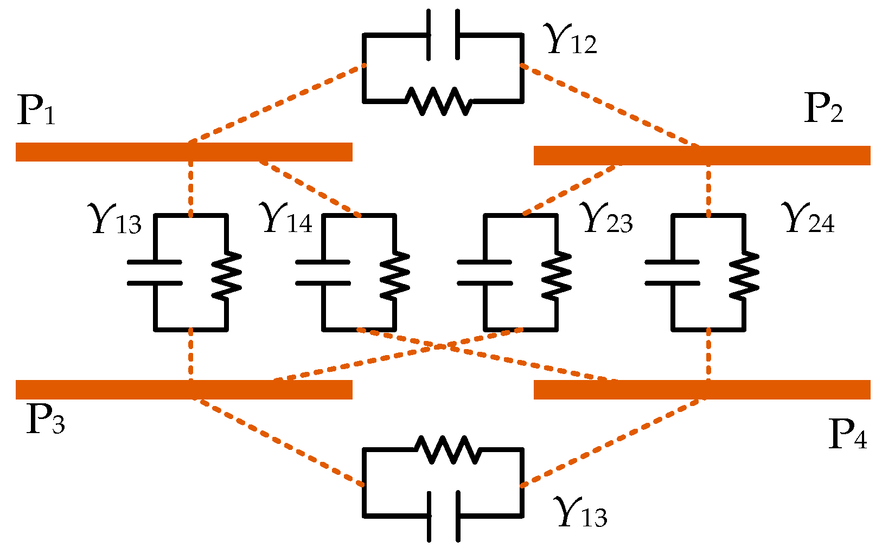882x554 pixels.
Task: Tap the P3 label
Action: (x=46, y=420)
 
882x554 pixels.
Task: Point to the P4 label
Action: (x=847, y=435)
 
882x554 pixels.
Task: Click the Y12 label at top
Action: (x=572, y=40)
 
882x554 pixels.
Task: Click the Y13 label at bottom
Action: (x=581, y=513)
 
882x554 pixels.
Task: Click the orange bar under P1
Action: (x=184, y=152)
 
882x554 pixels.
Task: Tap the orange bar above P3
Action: (x=184, y=390)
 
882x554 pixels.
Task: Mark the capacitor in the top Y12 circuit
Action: (x=444, y=34)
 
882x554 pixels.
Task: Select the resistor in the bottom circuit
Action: (x=447, y=449)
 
